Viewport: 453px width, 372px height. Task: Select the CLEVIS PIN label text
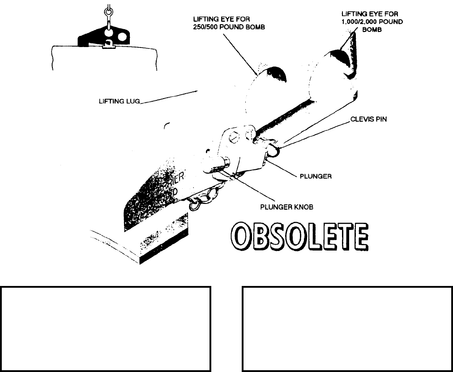[369, 120]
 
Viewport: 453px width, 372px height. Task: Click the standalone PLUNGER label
[315, 176]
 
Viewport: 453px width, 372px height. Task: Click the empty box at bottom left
[105, 328]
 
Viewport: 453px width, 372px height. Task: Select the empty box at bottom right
[347, 328]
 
